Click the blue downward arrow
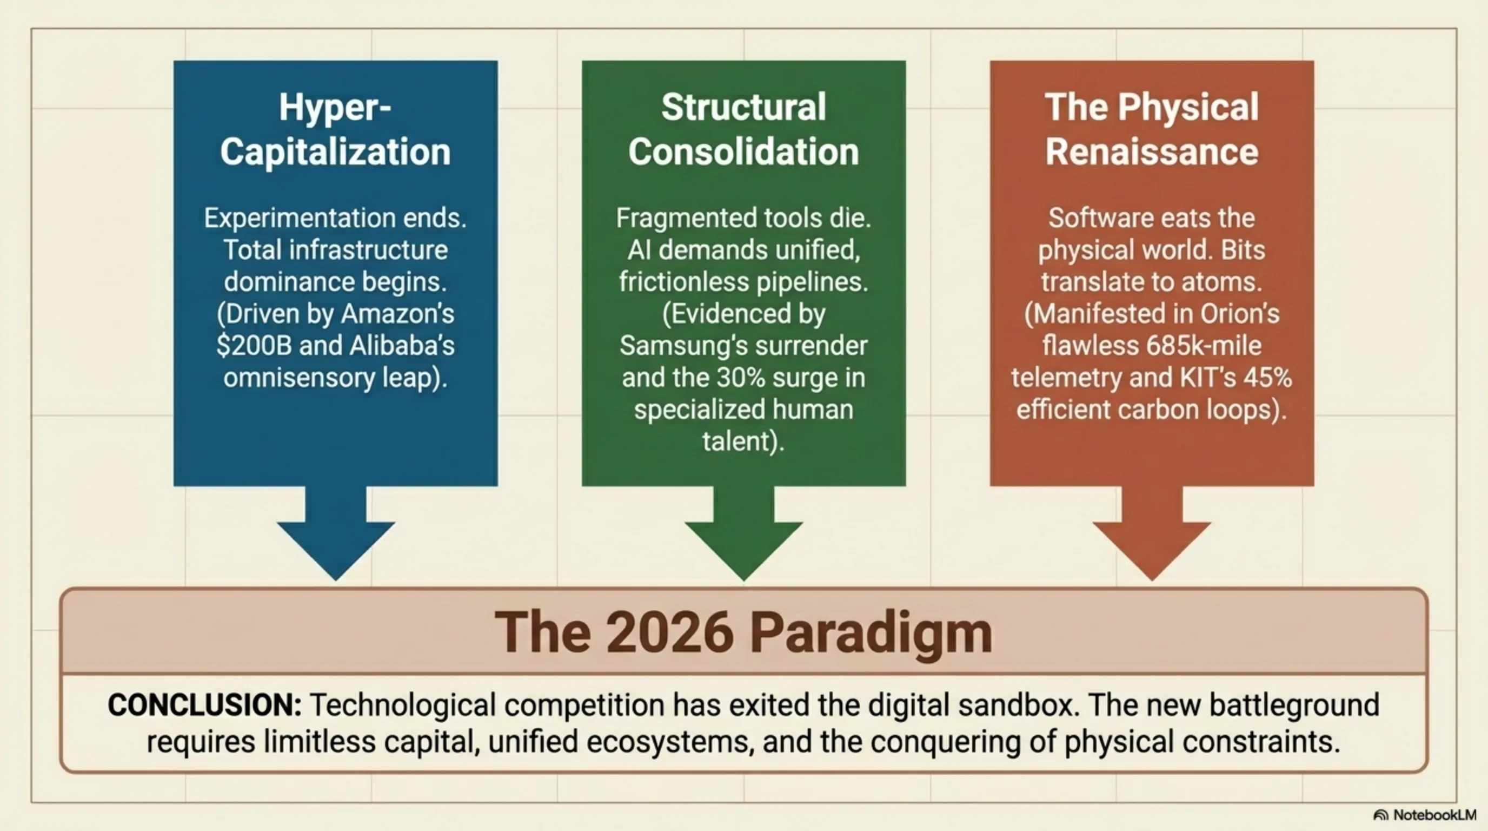[x=336, y=532]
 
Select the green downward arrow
[x=744, y=532]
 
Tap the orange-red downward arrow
[x=1152, y=532]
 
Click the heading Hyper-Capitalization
[x=335, y=129]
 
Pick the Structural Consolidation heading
[x=744, y=129]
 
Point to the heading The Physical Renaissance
[x=1152, y=129]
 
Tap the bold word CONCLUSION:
[x=204, y=705]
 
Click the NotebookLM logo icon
[x=1380, y=815]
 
